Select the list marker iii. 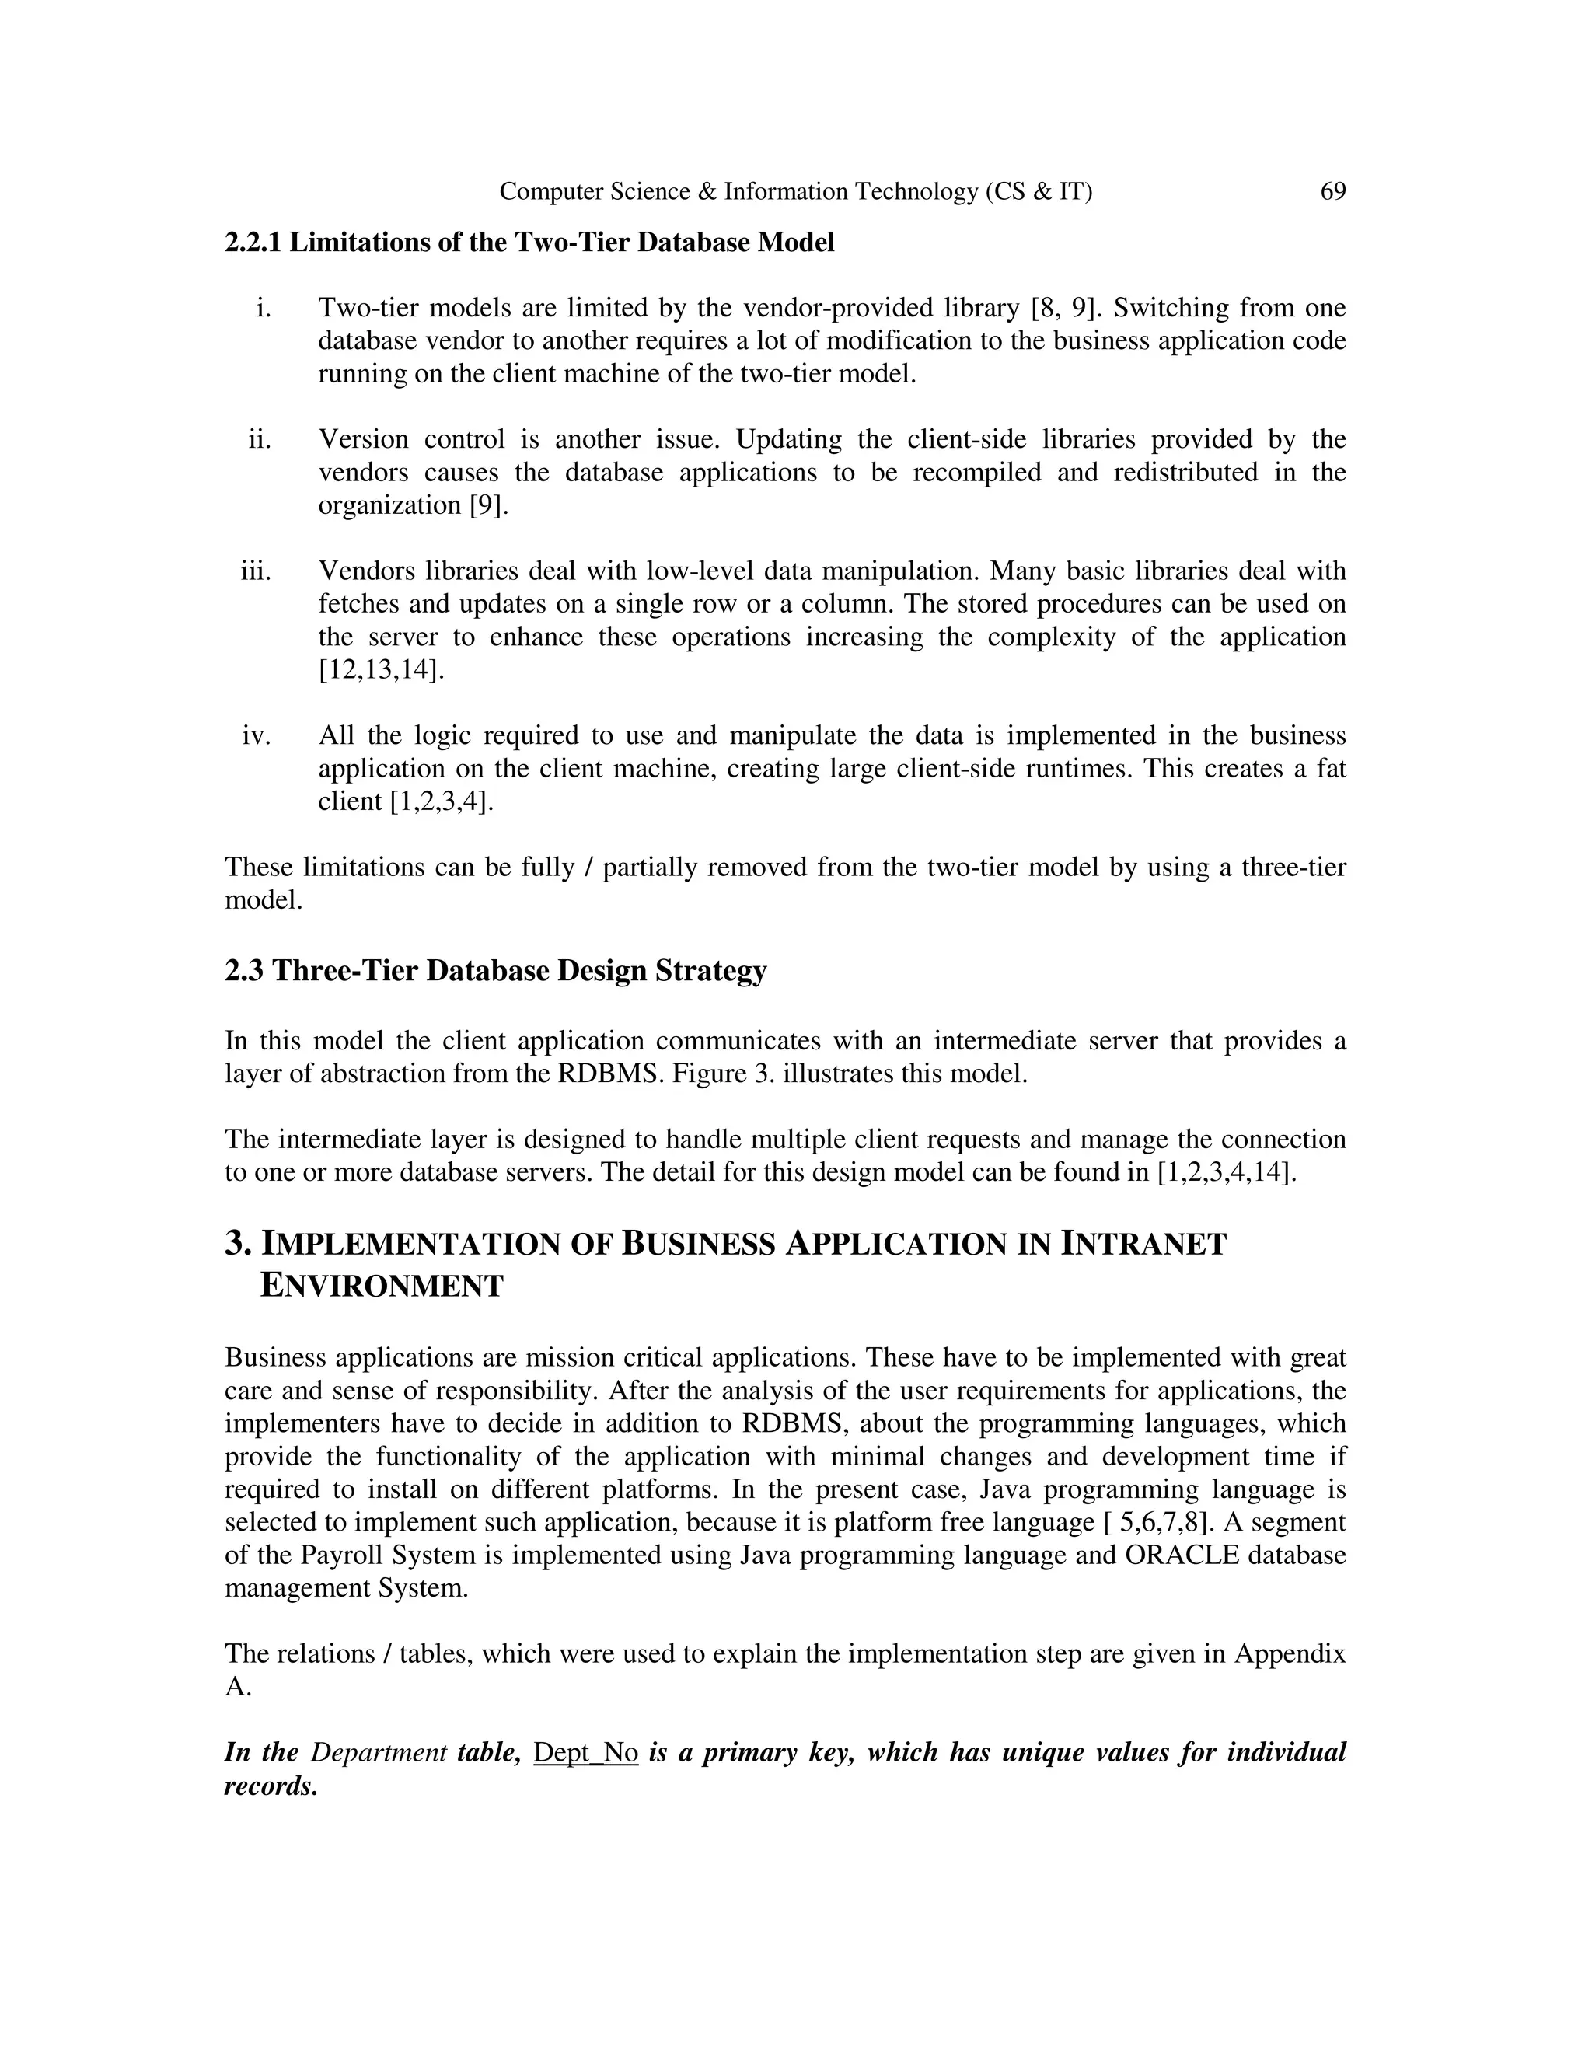coord(256,571)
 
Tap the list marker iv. coord(257,735)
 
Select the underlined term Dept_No coord(585,1752)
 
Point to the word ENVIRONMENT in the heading coord(381,1286)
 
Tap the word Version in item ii coord(362,439)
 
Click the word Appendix coord(1290,1653)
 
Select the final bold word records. coord(270,1786)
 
